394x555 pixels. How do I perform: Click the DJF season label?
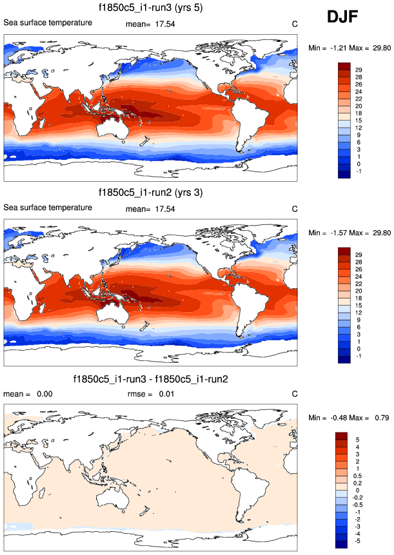346,17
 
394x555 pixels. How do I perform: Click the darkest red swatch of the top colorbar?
342,66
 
